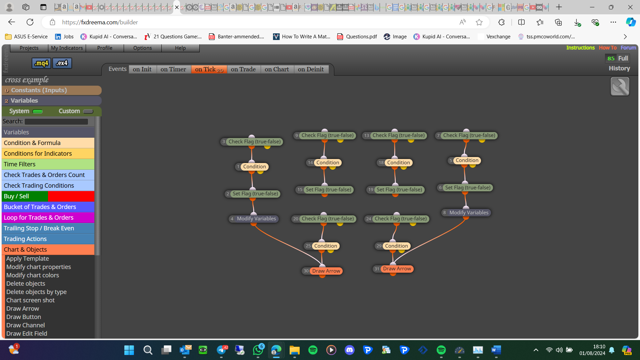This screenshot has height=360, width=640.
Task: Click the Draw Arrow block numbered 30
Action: pos(322,271)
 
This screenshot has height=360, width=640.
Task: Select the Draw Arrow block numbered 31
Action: pos(393,269)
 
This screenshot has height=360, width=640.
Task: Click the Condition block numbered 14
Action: pos(324,163)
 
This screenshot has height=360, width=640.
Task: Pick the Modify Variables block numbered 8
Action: pos(466,213)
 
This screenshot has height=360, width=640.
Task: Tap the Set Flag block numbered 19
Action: pos(395,190)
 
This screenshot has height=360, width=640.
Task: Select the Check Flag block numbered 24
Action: pos(397,219)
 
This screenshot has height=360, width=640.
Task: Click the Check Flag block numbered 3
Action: pos(252,142)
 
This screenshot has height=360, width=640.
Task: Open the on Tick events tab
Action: pos(209,69)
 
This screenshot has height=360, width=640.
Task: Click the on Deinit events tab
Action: pos(311,69)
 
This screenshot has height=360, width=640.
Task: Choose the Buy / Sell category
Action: pos(48,196)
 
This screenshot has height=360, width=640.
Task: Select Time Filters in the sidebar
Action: pos(48,164)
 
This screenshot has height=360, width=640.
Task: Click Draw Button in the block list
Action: pos(24,317)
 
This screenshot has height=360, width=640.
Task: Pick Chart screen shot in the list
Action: pos(30,300)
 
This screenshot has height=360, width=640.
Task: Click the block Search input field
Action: pos(56,122)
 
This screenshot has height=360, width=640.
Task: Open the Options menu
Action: pos(142,48)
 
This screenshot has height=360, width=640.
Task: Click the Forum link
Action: pos(628,48)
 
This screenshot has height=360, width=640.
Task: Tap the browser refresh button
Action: pos(30,22)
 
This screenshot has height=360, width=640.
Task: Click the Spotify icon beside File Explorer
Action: pos(313,350)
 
